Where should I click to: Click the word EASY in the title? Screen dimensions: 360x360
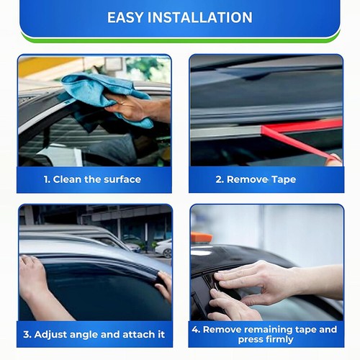[129, 17]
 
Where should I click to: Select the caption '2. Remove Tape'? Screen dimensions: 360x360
[266, 179]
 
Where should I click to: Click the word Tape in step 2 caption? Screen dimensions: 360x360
[282, 179]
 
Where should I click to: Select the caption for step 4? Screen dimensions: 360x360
[265, 334]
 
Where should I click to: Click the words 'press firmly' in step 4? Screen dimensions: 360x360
[265, 340]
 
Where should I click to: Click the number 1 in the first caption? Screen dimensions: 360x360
[45, 179]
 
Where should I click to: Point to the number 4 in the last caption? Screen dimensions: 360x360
[196, 329]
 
